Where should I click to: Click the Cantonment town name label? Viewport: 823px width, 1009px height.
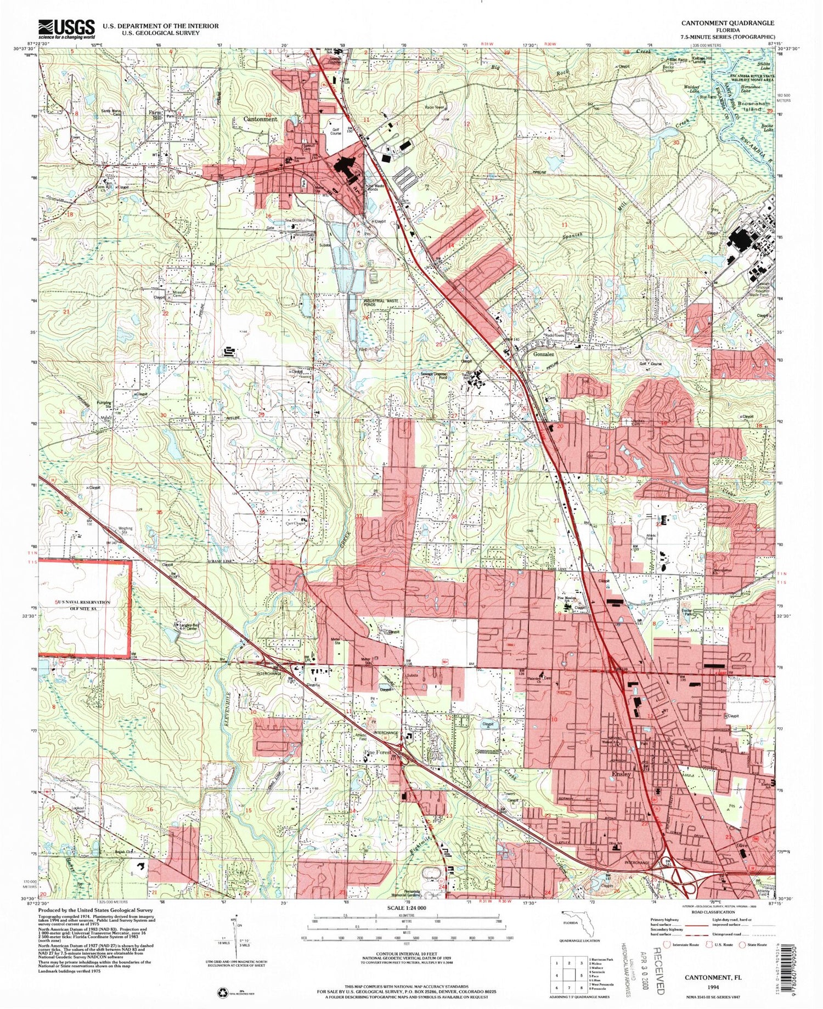tap(261, 119)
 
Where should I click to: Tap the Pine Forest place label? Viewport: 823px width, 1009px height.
tap(378, 753)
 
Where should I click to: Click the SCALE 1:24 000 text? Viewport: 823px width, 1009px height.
tap(407, 908)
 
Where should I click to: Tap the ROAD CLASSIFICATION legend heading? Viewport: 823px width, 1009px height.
tap(712, 912)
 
